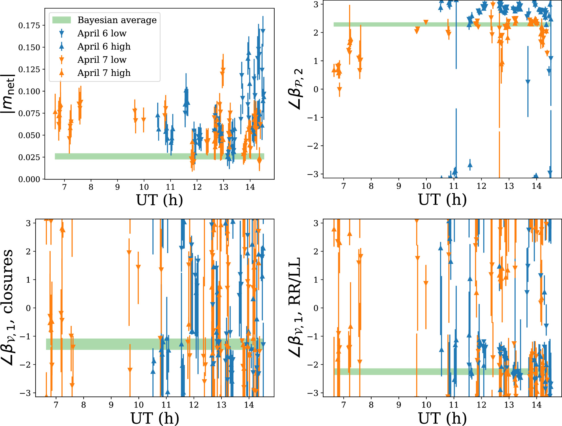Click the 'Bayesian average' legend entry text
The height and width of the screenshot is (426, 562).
(x=117, y=20)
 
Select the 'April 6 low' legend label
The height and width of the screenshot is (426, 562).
(x=102, y=33)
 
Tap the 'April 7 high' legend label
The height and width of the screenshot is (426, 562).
(x=104, y=73)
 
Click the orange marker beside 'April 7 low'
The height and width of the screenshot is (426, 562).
(x=61, y=60)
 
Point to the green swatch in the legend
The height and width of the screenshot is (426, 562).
(x=61, y=20)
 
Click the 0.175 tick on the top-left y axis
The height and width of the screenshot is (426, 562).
(x=29, y=25)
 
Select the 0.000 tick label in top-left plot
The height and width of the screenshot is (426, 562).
(x=29, y=179)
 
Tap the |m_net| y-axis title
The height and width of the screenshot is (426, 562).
(x=8, y=94)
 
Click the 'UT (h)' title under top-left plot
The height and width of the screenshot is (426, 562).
(x=159, y=200)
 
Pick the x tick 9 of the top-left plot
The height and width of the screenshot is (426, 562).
(x=117, y=187)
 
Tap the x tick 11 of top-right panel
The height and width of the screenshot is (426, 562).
(x=454, y=186)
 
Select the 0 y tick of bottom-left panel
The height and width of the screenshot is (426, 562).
(x=28, y=308)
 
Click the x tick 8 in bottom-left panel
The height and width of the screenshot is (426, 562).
(x=83, y=405)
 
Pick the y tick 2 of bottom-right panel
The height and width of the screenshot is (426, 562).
(x=316, y=251)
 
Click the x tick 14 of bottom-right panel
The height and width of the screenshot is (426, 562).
(x=536, y=405)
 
